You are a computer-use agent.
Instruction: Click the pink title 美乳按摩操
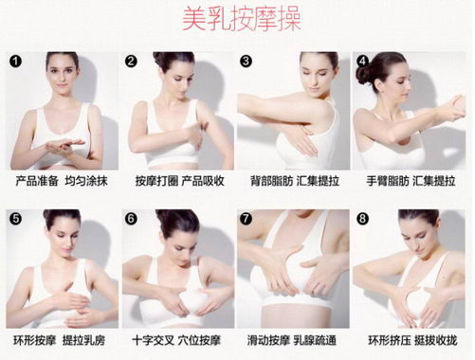click(241, 19)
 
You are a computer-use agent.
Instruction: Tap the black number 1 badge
click(15, 61)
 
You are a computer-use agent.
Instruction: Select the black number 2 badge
click(131, 61)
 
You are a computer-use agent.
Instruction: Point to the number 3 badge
click(246, 61)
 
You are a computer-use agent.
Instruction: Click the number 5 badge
click(15, 219)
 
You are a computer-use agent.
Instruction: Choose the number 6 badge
click(131, 219)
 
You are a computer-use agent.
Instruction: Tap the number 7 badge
click(246, 219)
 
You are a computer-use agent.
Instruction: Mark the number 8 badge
click(362, 219)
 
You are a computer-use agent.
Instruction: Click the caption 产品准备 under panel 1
click(37, 181)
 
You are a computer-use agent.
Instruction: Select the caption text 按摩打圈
click(156, 181)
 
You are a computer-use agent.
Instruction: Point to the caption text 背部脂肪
click(271, 181)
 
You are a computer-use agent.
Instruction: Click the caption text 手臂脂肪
click(388, 181)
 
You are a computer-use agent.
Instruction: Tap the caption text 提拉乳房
click(83, 340)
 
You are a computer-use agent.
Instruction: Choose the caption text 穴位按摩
click(199, 340)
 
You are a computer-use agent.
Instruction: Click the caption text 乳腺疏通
click(315, 340)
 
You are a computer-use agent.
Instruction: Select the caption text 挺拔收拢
click(436, 340)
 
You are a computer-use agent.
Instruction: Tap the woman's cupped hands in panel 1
click(64, 146)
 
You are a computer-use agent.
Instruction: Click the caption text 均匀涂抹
click(86, 181)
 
